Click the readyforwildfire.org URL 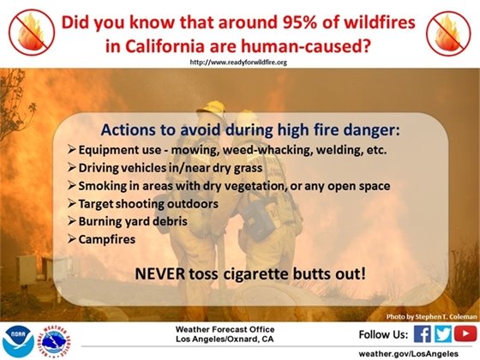[x=237, y=63]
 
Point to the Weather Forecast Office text [x=242, y=328]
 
